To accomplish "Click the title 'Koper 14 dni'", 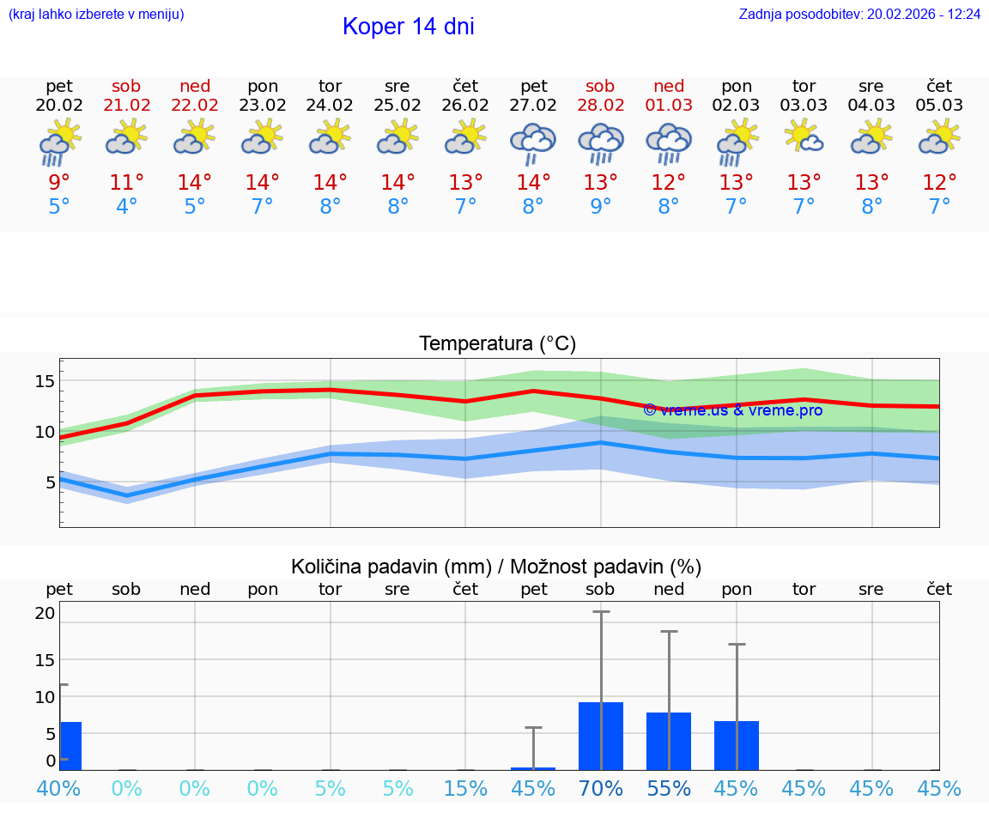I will (408, 27).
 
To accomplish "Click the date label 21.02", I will (127, 106).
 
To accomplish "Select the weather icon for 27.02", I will (533, 143).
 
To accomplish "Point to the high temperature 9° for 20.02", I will (59, 183).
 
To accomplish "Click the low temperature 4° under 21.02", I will (127, 207).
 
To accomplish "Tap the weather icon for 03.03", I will (804, 137).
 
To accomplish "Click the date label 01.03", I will (669, 106).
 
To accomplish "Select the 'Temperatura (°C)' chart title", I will (497, 344).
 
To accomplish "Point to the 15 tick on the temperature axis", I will (45, 380).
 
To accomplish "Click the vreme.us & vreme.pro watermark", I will (732, 410).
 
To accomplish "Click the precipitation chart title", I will (496, 567).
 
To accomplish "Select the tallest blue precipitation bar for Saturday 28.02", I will (601, 736).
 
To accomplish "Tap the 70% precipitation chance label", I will (601, 788).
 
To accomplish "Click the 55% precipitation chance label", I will (669, 788).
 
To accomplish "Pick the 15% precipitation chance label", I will (465, 788).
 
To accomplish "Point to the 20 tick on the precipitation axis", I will (45, 613).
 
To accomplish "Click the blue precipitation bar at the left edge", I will (70, 745).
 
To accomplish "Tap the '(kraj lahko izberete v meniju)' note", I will (96, 15).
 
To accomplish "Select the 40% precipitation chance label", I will (58, 788).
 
